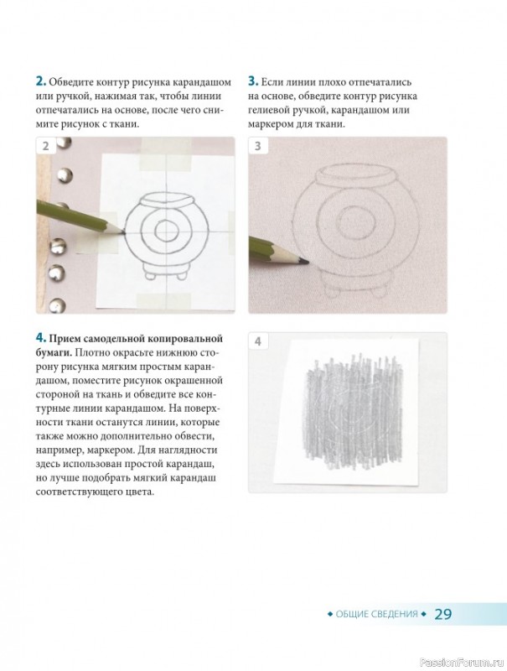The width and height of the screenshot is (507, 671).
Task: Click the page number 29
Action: (442, 614)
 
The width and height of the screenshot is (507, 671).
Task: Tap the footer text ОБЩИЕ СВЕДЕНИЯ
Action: (376, 614)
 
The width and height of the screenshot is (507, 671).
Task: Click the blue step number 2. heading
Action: (40, 81)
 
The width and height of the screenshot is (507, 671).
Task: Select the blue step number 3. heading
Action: (253, 81)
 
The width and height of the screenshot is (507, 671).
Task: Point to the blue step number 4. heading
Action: (40, 338)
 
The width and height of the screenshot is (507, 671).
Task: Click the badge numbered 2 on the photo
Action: (46, 146)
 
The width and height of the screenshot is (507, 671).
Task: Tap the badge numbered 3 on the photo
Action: (258, 146)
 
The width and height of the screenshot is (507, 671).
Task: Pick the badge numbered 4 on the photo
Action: (258, 341)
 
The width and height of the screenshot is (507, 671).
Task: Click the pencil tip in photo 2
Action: (124, 233)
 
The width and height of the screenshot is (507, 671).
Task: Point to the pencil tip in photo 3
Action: (308, 262)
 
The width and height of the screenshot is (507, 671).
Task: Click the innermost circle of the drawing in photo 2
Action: (164, 231)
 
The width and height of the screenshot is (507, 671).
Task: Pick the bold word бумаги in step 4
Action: (54, 352)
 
